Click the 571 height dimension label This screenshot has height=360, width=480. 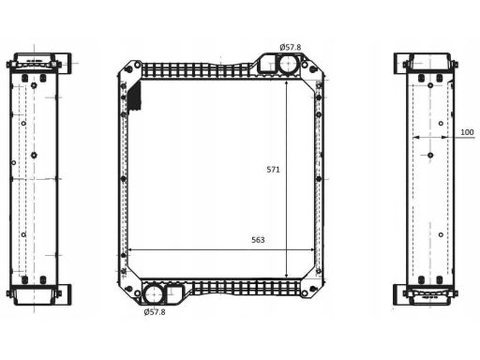pos(273,170)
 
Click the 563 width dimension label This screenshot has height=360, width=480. pos(258,240)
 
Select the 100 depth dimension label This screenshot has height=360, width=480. pos(467,132)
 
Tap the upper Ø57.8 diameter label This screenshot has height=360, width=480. pos(291,48)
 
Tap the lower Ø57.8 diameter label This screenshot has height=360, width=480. pos(155,312)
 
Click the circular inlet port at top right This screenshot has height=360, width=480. pos(288,65)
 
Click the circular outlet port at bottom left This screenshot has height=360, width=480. pos(153,293)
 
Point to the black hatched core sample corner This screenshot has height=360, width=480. pos(135,97)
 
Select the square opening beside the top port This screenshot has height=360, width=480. pos(266,65)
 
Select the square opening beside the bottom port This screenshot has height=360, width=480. pos(175,293)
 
